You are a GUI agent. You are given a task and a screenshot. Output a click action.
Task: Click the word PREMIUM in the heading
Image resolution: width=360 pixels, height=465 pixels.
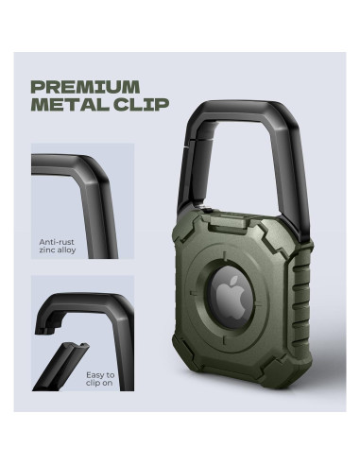[86, 87]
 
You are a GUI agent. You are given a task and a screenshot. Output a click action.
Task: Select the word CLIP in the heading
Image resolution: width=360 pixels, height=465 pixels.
[142, 104]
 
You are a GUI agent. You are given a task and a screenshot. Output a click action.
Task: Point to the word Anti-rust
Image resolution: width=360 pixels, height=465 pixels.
[57, 242]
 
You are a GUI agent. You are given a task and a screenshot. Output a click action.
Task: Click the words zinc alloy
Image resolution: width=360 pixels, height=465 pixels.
[58, 250]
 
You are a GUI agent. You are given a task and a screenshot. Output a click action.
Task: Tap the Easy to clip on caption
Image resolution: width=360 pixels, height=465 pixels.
[100, 379]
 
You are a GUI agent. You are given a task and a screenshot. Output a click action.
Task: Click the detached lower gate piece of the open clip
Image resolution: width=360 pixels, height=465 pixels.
[60, 367]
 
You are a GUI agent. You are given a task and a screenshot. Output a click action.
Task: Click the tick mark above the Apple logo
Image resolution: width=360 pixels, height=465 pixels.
[225, 255]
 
